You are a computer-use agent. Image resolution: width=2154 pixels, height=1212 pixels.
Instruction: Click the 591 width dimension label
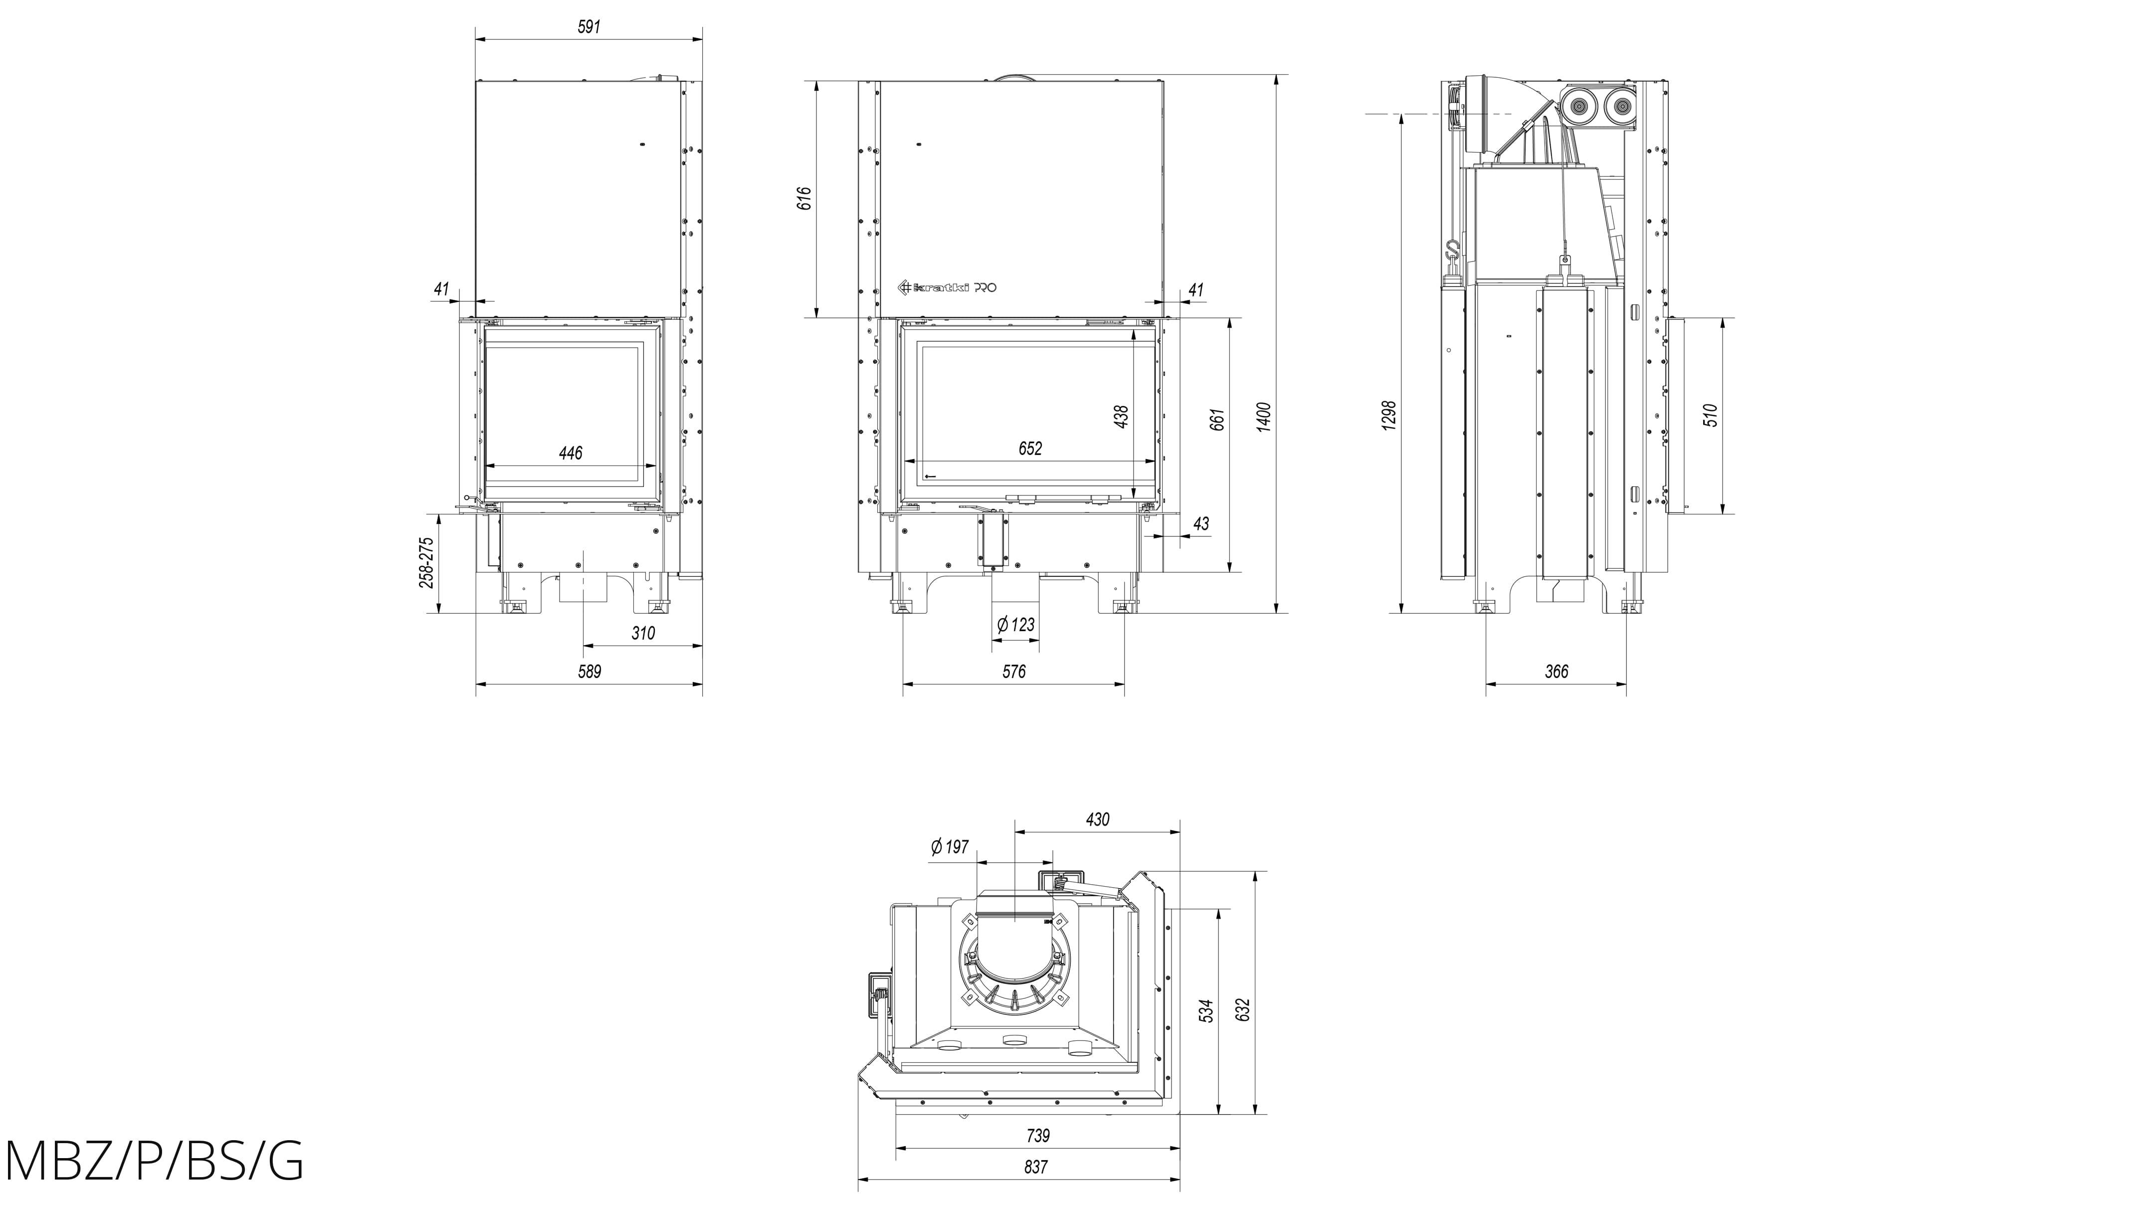point(588,27)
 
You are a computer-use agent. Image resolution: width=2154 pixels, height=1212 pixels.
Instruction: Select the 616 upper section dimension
point(804,198)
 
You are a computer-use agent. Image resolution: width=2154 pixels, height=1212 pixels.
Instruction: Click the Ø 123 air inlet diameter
point(1016,624)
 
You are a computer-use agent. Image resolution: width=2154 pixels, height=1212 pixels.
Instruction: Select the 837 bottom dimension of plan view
point(1035,1167)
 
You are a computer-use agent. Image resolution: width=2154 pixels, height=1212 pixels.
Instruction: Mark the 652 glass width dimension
point(1030,449)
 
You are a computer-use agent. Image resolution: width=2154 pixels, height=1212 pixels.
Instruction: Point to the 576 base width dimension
point(1013,671)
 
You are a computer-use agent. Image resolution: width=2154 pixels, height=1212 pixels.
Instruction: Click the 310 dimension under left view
point(643,633)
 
